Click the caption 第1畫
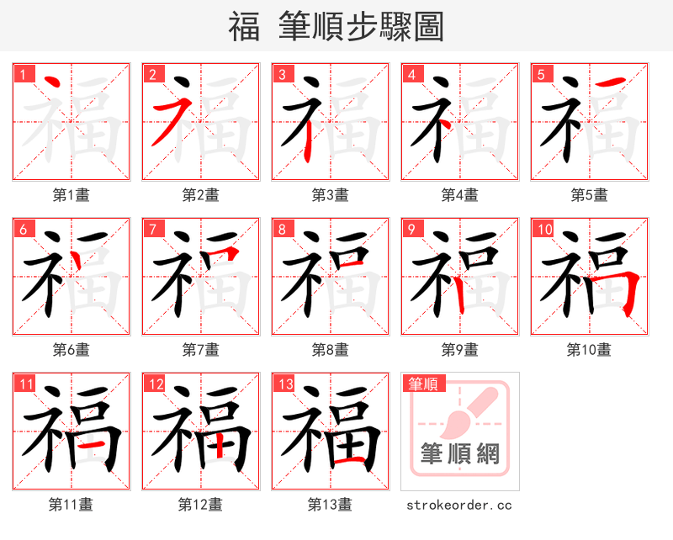point(71,195)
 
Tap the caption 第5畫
point(589,195)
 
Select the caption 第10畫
point(589,350)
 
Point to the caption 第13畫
point(330,505)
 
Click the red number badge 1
point(24,74)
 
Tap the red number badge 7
point(153,229)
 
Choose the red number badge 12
point(155,384)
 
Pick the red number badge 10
point(544,229)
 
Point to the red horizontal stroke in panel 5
point(615,82)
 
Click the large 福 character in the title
point(244,27)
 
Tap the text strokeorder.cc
point(459,505)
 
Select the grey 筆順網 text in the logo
point(460,454)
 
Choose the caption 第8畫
point(330,350)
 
